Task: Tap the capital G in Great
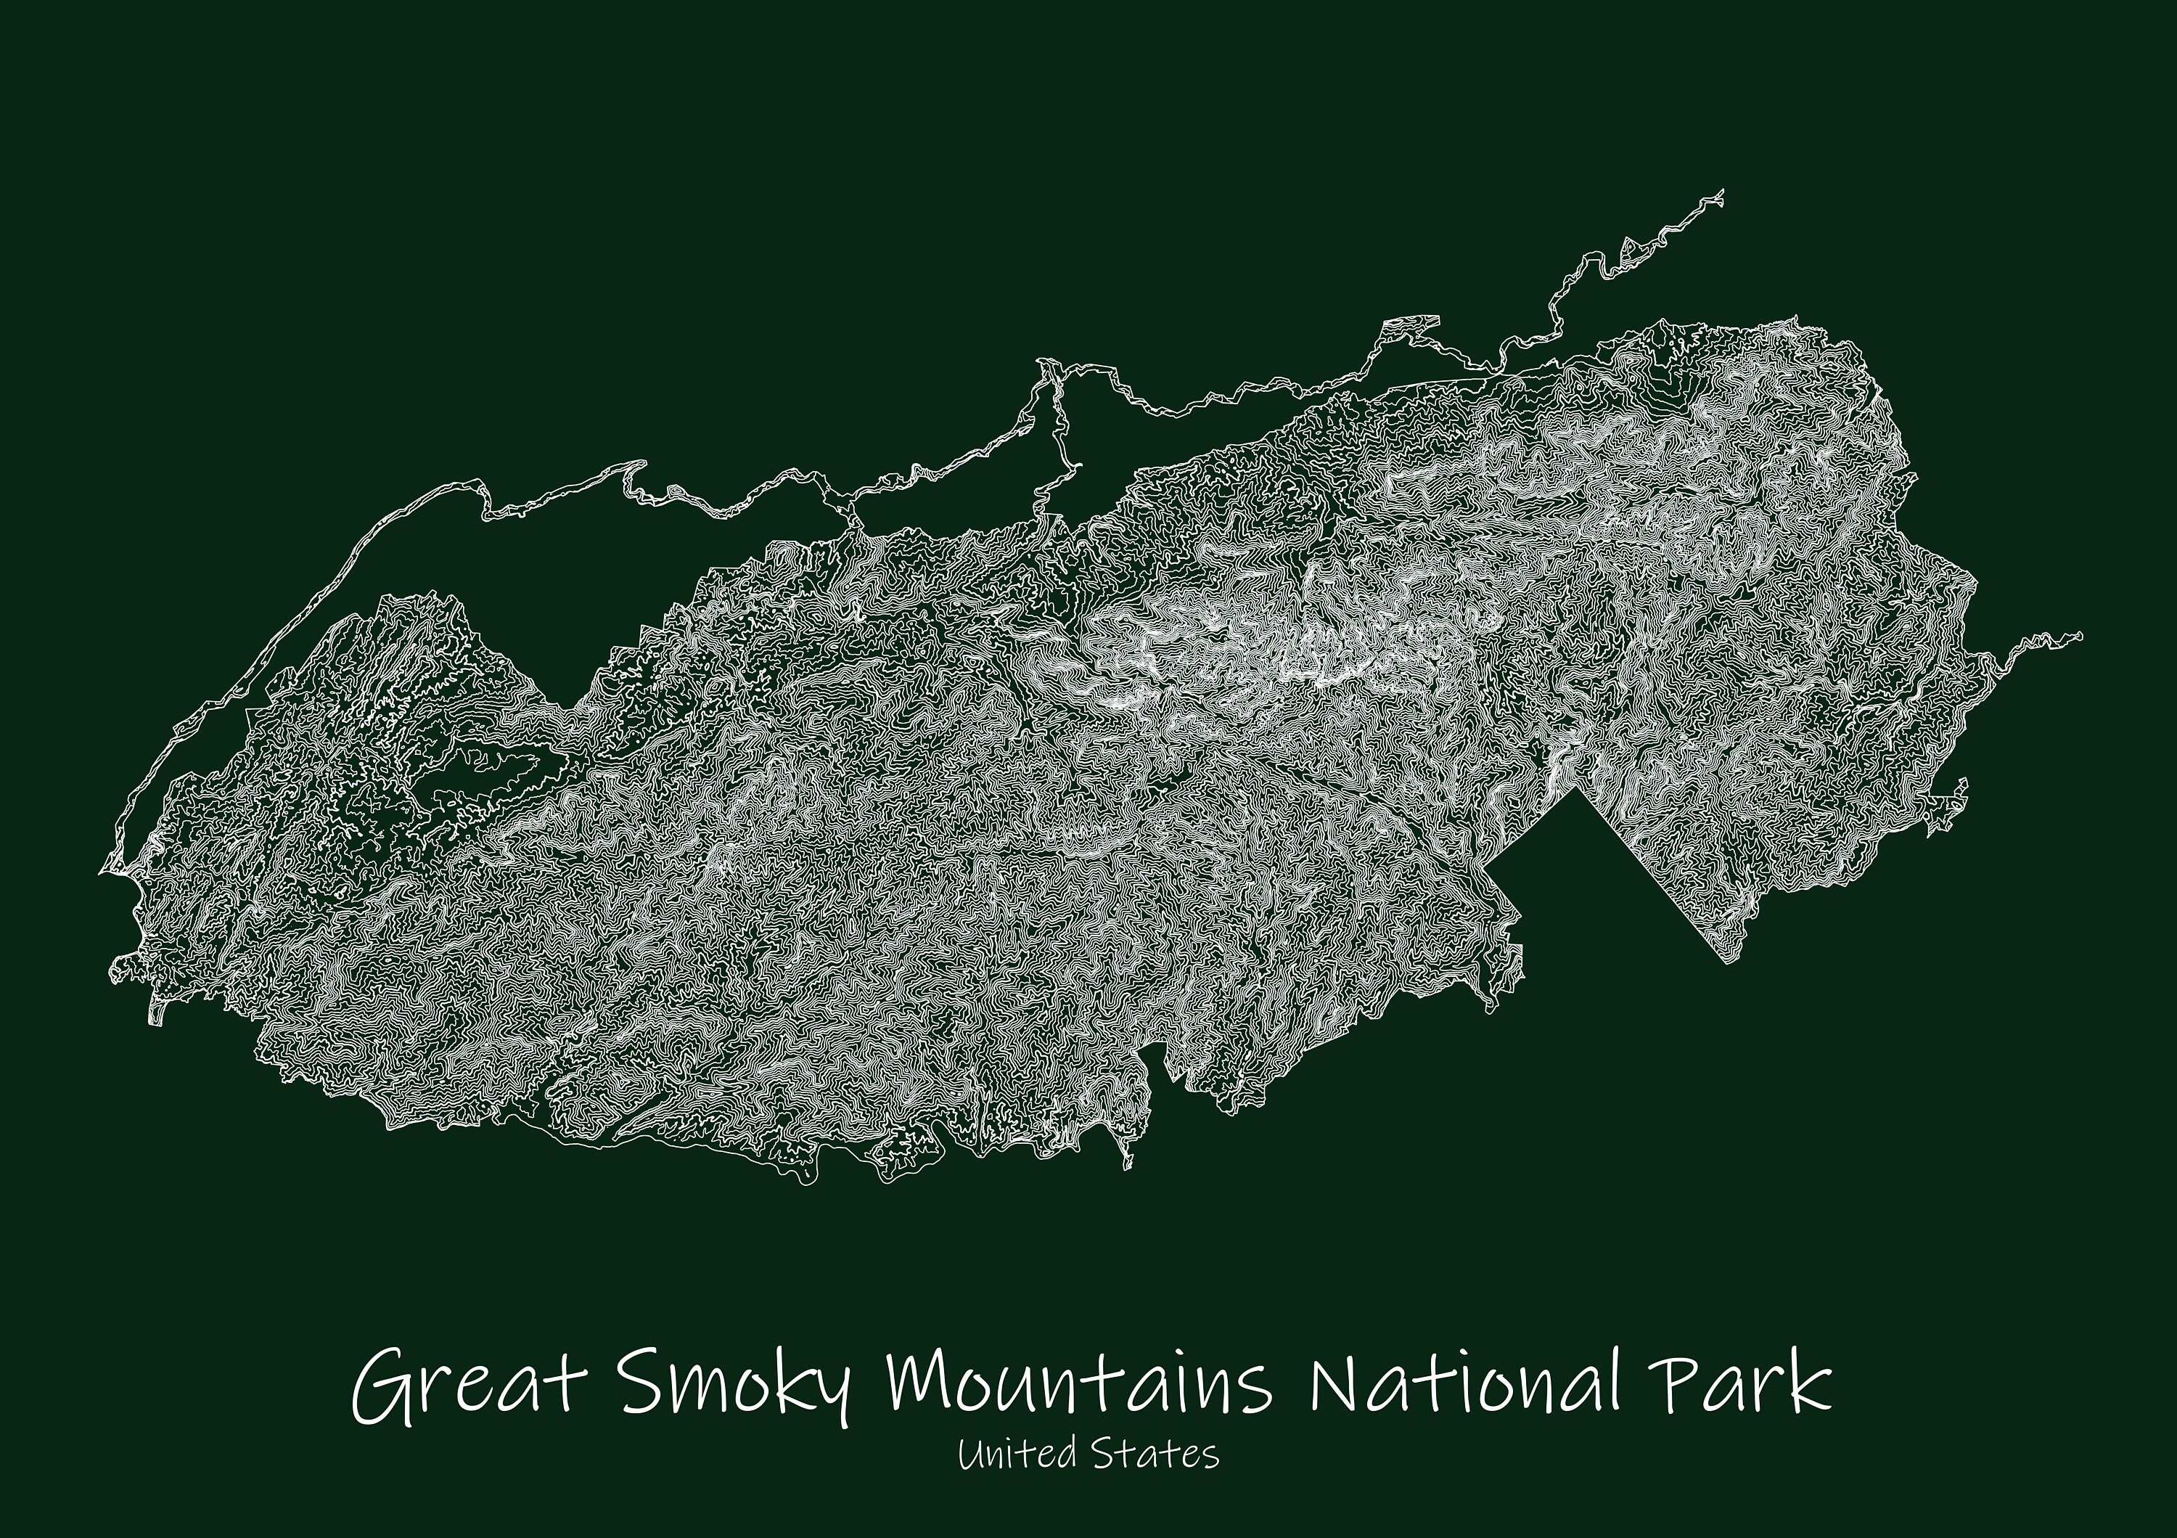(x=380, y=1389)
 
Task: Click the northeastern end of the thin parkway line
(x=1721, y=192)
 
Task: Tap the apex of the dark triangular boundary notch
(x=1577, y=789)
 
